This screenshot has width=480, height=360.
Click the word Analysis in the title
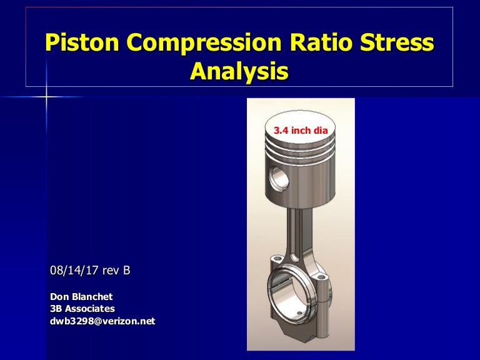coord(239,71)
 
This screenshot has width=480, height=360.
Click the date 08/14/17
coord(77,271)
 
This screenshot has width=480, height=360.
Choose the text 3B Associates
coord(82,309)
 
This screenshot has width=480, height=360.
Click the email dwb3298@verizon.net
coord(102,321)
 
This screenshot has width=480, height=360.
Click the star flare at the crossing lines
coord(46,97)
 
